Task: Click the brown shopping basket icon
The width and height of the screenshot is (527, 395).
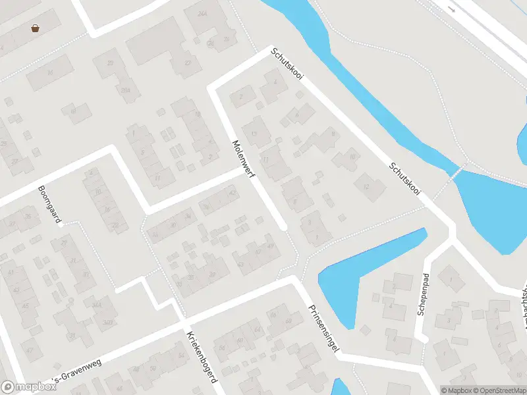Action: [34, 28]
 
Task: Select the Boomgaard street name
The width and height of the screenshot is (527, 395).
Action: [49, 204]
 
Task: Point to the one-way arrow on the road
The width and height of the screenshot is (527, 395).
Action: [451, 9]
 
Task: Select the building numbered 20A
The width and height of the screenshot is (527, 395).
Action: [125, 90]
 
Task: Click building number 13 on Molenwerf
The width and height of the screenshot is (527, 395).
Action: [254, 134]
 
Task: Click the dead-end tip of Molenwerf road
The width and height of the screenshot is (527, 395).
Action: [283, 226]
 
